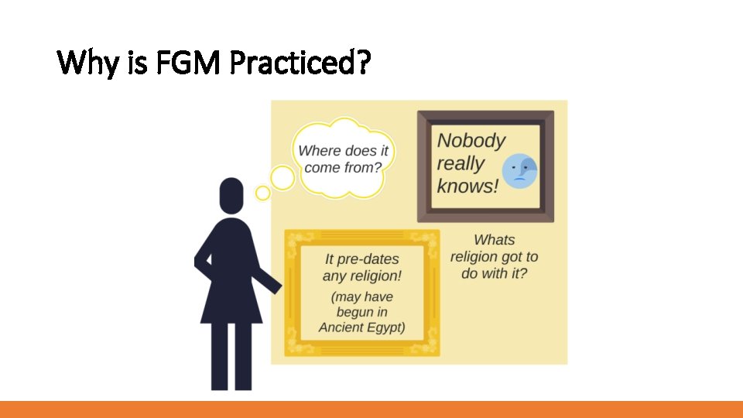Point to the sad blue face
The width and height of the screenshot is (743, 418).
(519, 171)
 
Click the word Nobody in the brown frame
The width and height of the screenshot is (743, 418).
(471, 141)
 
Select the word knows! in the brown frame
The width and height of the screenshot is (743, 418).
(467, 187)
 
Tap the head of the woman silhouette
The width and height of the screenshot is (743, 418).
(231, 196)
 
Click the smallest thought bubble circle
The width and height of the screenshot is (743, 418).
(263, 193)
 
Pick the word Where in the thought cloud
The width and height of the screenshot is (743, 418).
(320, 151)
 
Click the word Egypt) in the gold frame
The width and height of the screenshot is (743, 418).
(385, 327)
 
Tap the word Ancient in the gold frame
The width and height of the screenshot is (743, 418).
(341, 327)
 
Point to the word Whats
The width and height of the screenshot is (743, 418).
(494, 240)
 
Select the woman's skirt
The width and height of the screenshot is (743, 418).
(231, 298)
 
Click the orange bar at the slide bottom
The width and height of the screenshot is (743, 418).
(371, 409)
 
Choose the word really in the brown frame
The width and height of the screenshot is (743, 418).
(461, 163)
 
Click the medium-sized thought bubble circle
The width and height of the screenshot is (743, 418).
(282, 179)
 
